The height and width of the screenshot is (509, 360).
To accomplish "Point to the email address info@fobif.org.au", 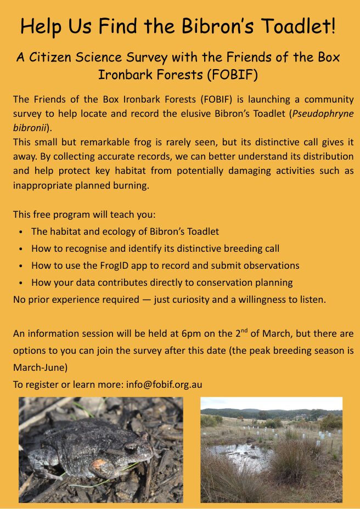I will coord(164,384).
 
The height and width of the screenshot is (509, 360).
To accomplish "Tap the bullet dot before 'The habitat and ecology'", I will coord(21,232).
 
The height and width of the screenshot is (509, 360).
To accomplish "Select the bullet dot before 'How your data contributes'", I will coord(21,283).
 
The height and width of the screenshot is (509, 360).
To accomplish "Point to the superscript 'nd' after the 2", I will coord(245,330).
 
